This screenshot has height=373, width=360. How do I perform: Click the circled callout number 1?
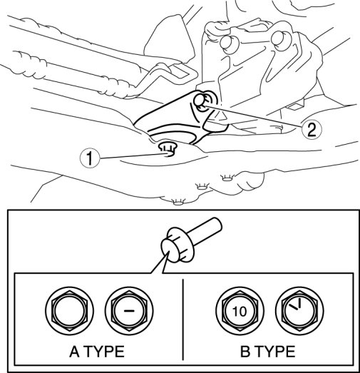click(90, 158)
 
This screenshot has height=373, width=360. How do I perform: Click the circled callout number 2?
click(312, 130)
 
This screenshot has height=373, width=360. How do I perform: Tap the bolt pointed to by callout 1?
click(168, 149)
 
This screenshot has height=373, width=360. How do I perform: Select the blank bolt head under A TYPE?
click(69, 310)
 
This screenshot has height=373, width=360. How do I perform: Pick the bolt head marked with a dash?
click(129, 310)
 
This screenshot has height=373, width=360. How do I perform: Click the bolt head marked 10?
click(240, 310)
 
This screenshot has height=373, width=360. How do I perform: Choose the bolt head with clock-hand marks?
click(299, 310)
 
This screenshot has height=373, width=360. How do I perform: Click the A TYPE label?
click(97, 352)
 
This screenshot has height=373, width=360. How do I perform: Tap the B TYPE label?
click(268, 352)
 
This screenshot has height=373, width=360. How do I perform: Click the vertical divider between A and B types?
click(183, 320)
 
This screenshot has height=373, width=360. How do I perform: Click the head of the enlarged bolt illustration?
click(177, 245)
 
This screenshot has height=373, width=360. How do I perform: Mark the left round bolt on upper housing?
click(229, 43)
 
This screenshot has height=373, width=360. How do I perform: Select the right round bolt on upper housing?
click(280, 39)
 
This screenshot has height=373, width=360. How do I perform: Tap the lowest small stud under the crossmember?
click(178, 202)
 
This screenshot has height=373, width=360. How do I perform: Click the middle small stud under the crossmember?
click(202, 186)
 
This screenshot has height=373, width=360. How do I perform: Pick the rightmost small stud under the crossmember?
click(227, 178)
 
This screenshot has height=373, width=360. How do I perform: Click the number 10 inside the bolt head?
click(240, 311)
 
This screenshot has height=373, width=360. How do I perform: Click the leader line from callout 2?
click(253, 115)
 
